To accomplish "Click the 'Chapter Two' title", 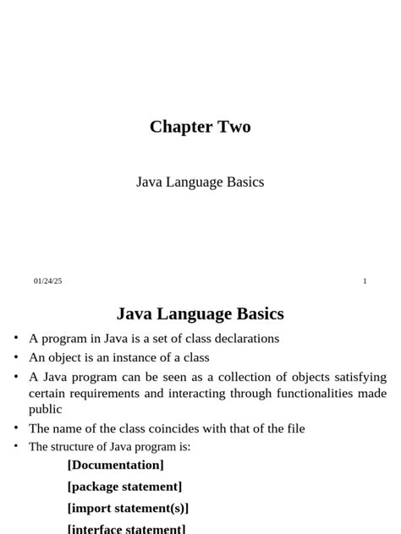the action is tap(200, 127).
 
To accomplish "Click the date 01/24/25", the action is tap(48, 281).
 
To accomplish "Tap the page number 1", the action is tap(365, 281).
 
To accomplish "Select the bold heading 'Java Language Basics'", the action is tap(200, 314).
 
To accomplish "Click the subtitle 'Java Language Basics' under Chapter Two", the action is tap(200, 183).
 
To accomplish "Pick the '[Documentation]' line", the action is tap(116, 466).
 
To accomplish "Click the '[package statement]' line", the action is tap(124, 487).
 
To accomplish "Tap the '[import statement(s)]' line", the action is tap(128, 509).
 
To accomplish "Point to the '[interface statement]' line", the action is tap(126, 529).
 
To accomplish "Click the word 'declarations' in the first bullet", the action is tap(245, 339).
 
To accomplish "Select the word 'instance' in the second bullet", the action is tap(127, 357).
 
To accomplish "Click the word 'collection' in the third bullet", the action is tap(229, 377).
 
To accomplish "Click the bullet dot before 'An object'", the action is tap(16, 357).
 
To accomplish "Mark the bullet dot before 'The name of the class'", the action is tap(16, 428).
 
